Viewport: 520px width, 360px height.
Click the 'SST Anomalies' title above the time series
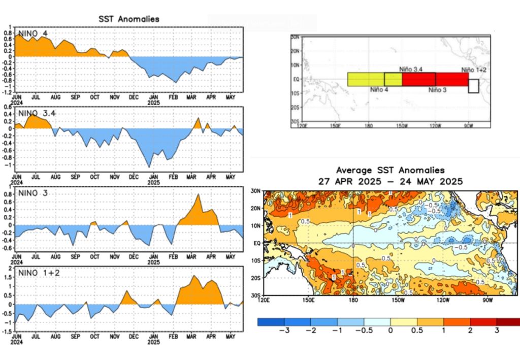pyautogui.click(x=128, y=19)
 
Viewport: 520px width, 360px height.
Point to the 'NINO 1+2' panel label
pyautogui.click(x=39, y=273)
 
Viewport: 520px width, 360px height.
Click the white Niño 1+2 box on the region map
pyautogui.click(x=473, y=86)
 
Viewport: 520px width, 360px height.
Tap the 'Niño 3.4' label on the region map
pyautogui.click(x=410, y=68)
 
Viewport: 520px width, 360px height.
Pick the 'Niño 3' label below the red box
pyautogui.click(x=437, y=89)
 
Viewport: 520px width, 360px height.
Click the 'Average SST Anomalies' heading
pyautogui.click(x=390, y=170)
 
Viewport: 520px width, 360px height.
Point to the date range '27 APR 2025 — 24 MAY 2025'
pyautogui.click(x=390, y=180)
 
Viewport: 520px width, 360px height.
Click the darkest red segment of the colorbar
pyautogui.click(x=508, y=321)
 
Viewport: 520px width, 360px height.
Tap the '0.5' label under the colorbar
pyautogui.click(x=417, y=331)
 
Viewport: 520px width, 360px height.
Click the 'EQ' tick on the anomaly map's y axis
pyautogui.click(x=256, y=243)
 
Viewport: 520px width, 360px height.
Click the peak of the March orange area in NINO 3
pyautogui.click(x=198, y=194)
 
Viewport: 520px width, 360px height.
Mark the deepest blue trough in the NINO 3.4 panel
pyautogui.click(x=149, y=167)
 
